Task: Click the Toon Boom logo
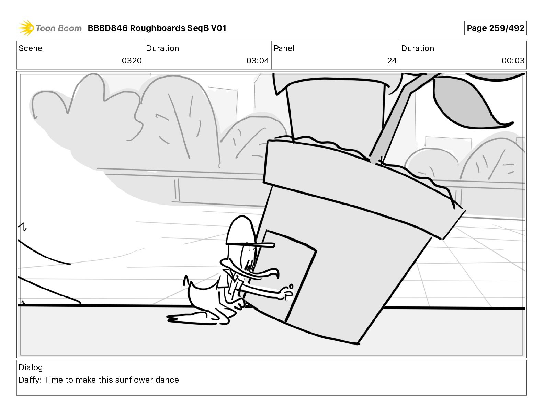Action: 50,28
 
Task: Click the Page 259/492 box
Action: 495,28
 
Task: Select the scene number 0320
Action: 132,61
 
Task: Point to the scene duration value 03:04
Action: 257,61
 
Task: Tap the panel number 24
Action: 392,61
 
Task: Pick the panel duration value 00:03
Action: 512,61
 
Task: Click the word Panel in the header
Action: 284,48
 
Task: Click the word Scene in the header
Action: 30,48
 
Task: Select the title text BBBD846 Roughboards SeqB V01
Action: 157,28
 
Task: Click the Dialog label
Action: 31,367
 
